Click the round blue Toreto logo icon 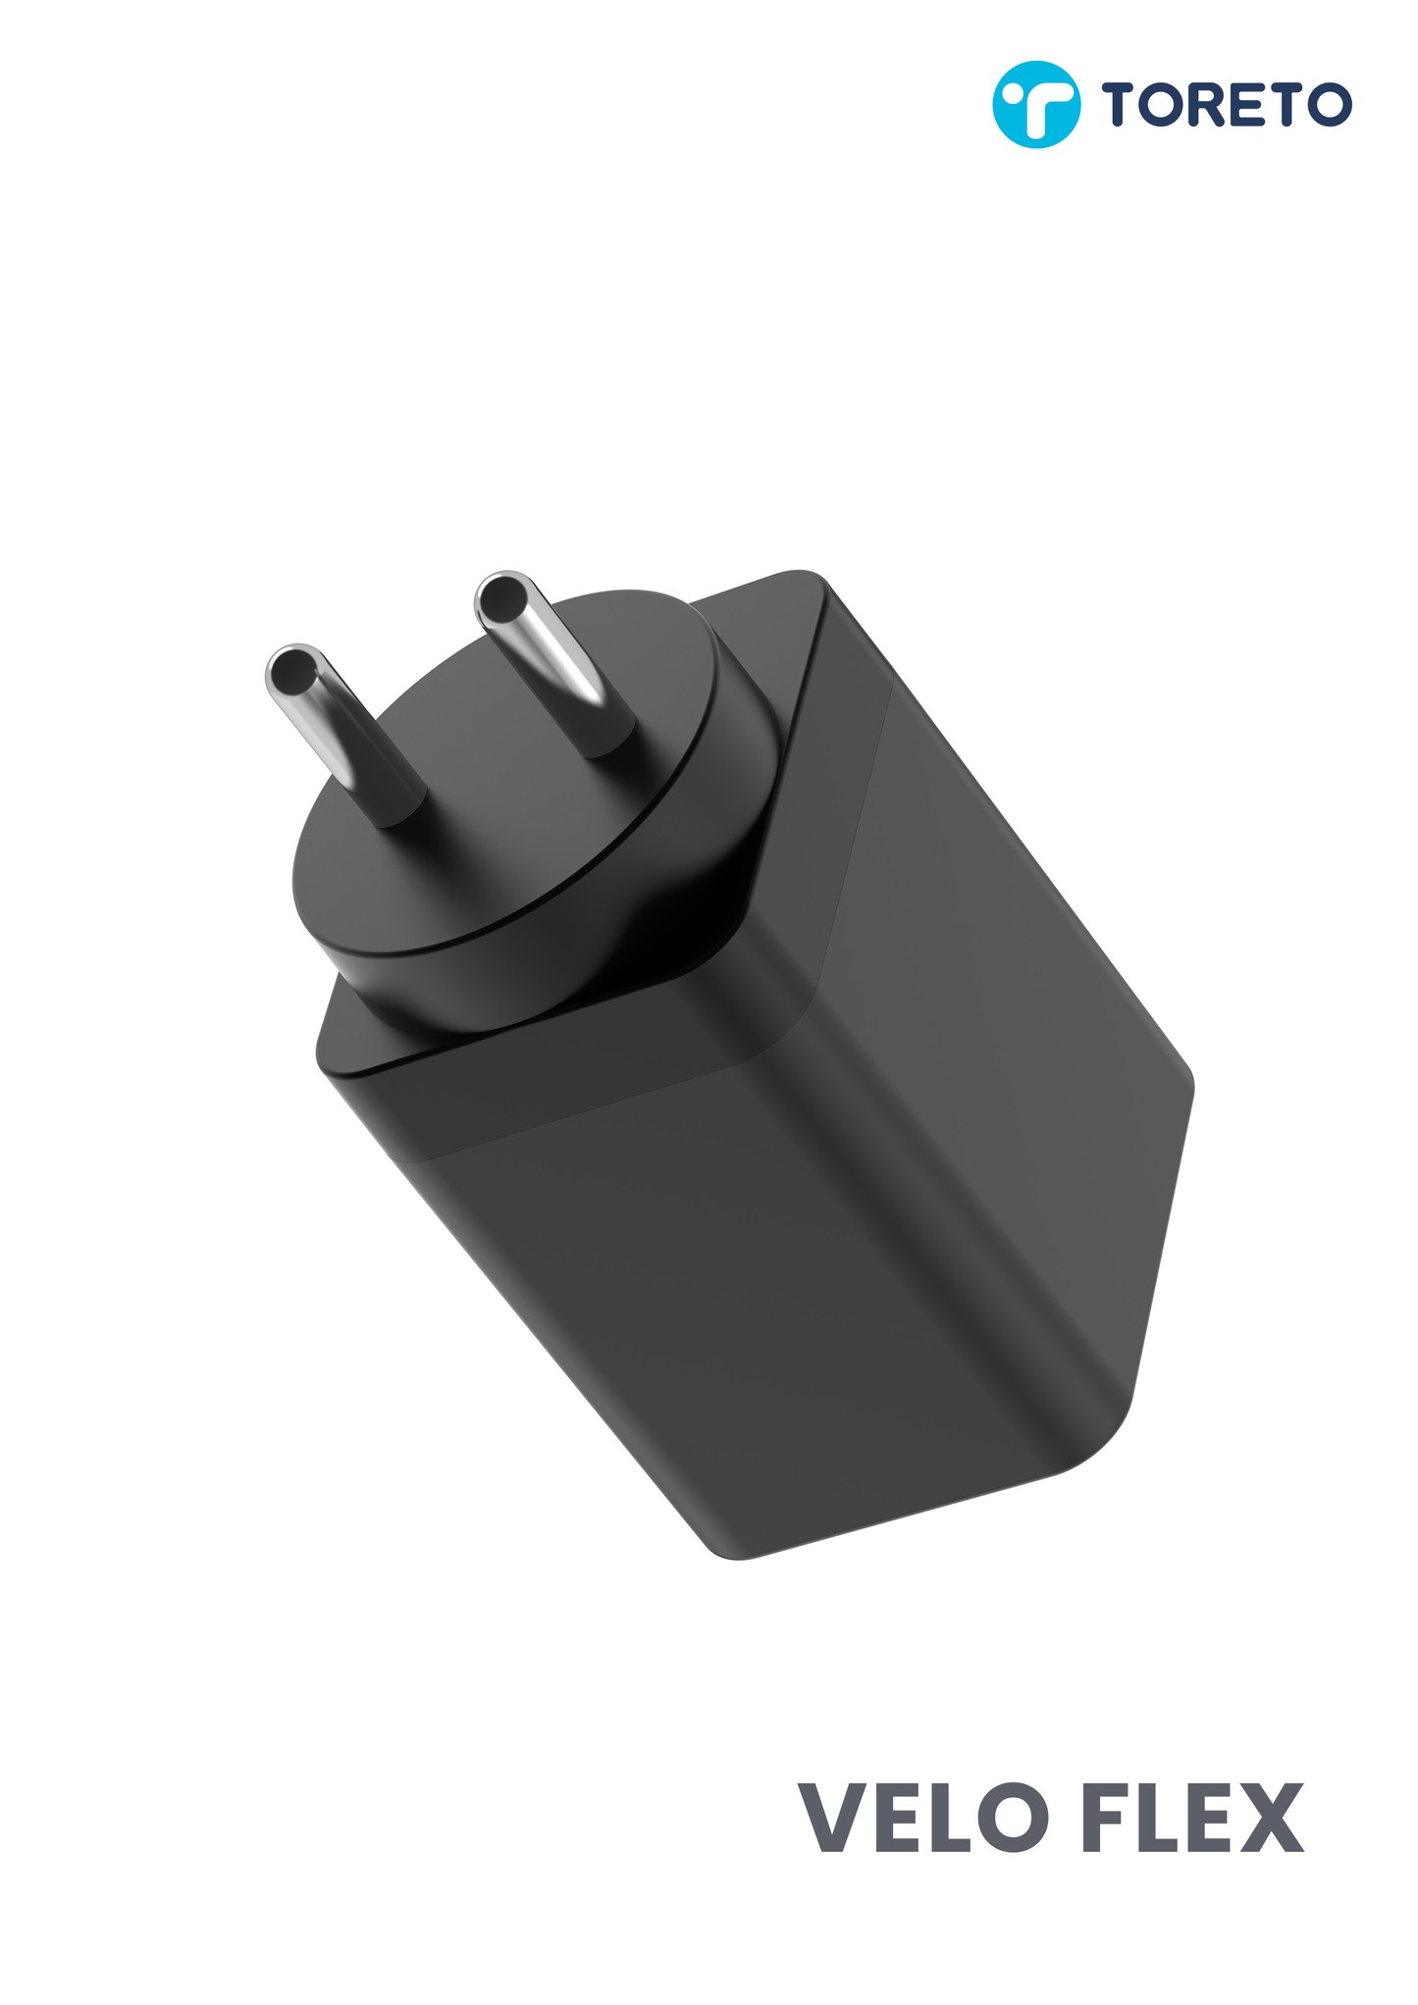[x=1036, y=104]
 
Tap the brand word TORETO [x=1226, y=104]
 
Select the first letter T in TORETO [x=1120, y=104]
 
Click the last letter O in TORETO [x=1332, y=104]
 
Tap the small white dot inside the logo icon [x=1011, y=96]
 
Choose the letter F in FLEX [x=1110, y=1818]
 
